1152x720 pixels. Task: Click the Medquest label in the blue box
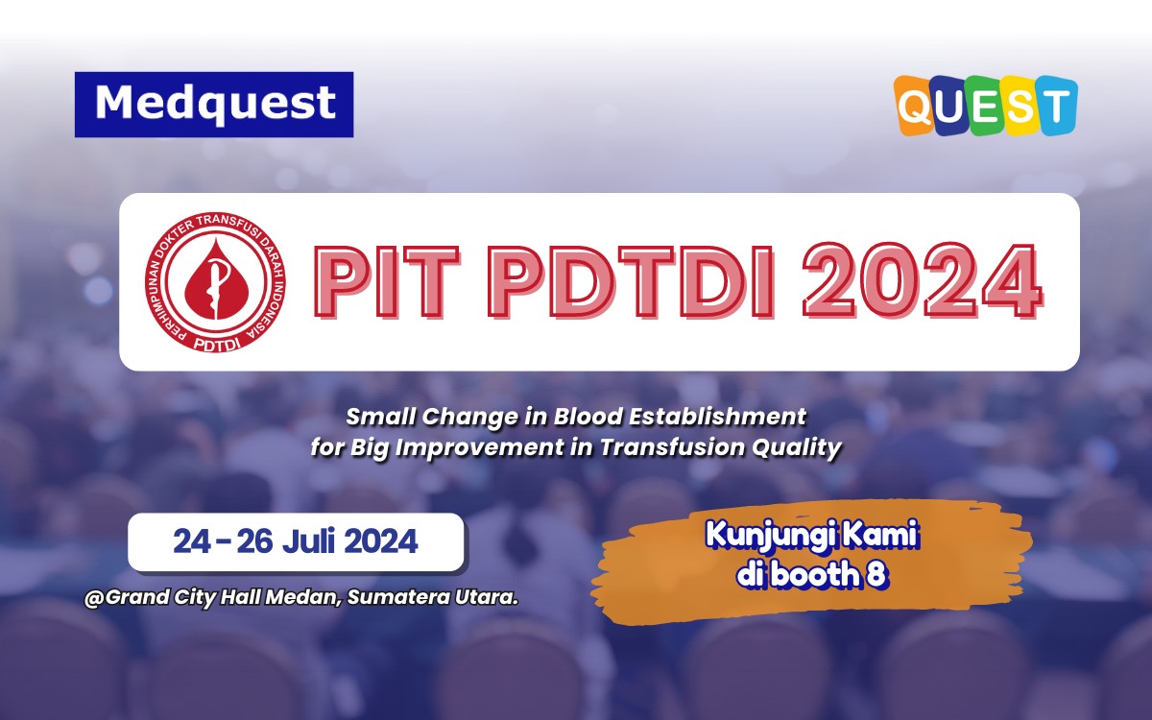215,104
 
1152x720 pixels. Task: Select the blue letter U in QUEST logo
950,106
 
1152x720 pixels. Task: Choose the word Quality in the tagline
805,447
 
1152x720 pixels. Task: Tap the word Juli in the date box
313,541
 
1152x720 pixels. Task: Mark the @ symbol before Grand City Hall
94,597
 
